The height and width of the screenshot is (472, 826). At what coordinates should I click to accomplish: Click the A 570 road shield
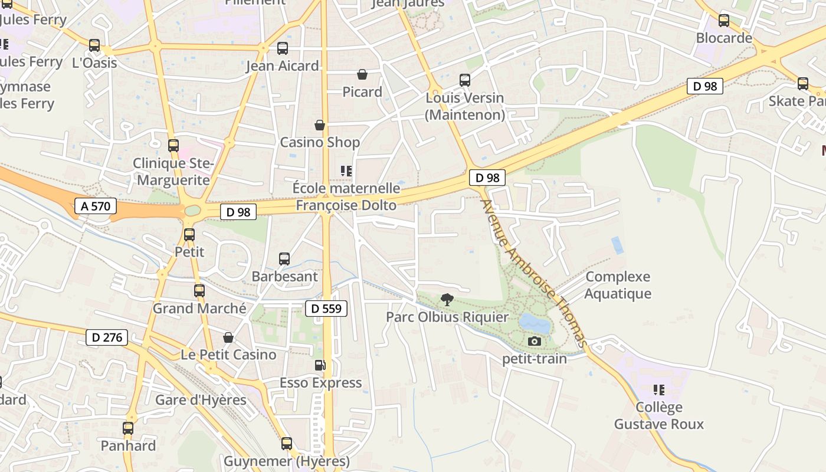96,206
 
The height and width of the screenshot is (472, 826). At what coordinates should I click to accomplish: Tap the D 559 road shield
326,308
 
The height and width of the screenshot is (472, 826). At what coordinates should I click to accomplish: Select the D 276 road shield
107,337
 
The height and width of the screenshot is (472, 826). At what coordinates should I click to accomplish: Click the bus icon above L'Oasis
94,45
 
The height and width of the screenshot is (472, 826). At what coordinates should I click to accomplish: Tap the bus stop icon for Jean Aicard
283,48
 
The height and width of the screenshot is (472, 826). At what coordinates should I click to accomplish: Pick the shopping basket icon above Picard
362,74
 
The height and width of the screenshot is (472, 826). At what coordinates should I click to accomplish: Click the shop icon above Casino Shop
319,125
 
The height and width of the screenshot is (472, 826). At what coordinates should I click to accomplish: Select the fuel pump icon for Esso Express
320,365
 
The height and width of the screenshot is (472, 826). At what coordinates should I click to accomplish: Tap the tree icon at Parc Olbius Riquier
447,300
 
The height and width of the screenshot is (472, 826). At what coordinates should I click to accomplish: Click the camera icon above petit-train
535,341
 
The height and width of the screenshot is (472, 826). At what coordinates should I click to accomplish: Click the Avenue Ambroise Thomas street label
534,273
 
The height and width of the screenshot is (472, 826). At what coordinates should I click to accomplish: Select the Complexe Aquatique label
618,285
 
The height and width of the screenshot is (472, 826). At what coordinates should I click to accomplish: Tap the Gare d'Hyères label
201,399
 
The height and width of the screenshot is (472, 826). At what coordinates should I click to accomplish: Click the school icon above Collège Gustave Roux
659,390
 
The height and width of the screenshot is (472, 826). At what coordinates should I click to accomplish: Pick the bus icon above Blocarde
724,21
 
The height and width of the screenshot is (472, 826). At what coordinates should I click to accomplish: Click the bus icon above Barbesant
284,258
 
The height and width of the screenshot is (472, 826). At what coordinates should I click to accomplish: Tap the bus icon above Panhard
128,428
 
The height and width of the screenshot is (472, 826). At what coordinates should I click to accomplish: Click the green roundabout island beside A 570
193,211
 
